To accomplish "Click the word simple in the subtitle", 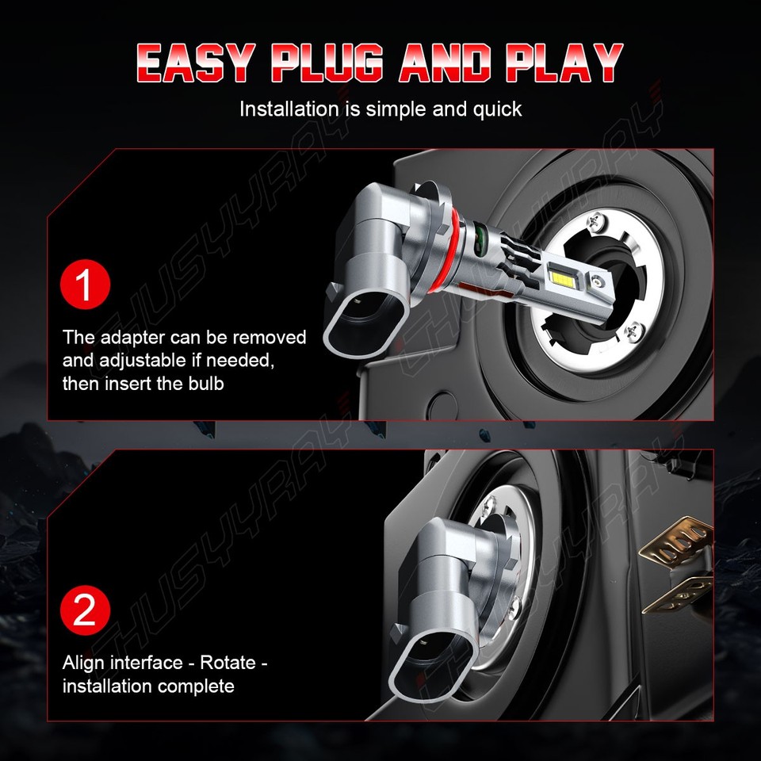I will coord(395,109).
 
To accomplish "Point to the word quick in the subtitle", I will coord(495,109).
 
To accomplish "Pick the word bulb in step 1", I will coord(205,384).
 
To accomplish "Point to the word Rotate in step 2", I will coord(227,662).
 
